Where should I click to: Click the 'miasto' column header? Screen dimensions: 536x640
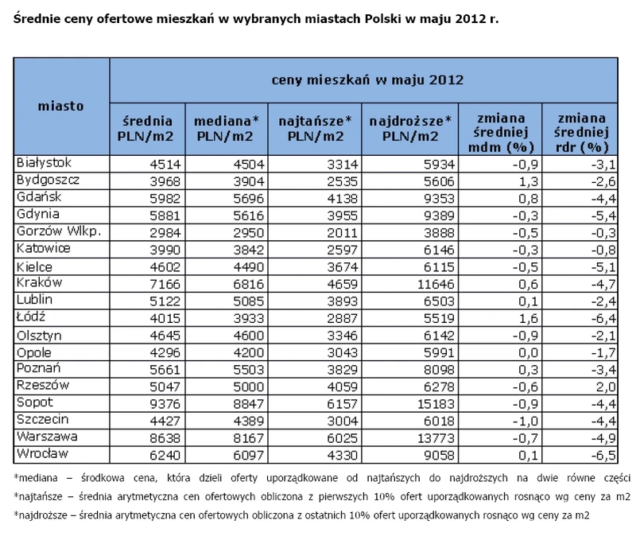(x=61, y=107)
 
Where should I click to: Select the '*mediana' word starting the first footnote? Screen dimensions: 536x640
(x=36, y=478)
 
